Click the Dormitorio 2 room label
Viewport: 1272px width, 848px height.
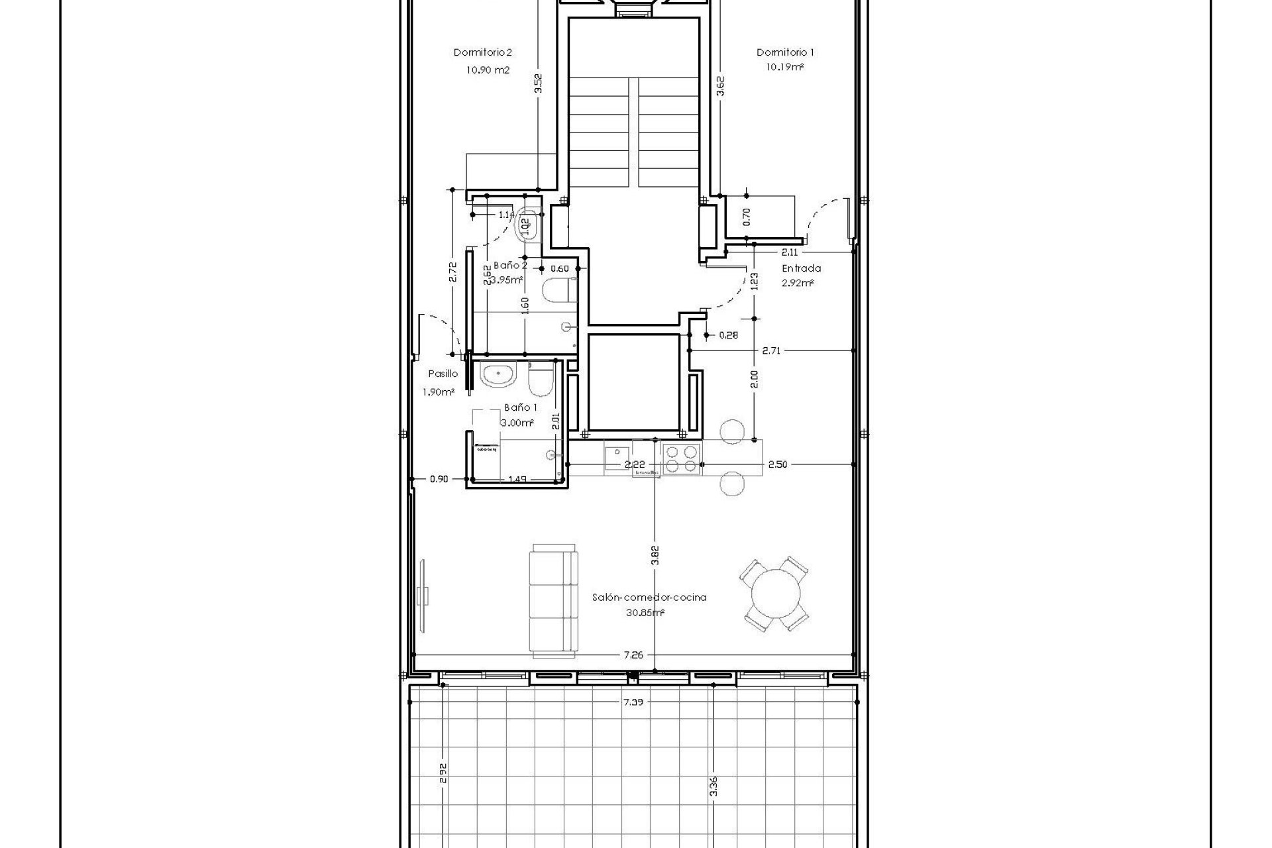[x=482, y=52]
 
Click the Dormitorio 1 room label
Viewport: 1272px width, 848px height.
[x=785, y=52]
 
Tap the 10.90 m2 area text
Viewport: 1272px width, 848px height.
[x=488, y=70]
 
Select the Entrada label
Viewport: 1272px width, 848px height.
[x=801, y=268]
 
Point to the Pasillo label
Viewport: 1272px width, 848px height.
[x=443, y=374]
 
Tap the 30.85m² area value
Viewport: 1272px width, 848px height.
[x=645, y=613]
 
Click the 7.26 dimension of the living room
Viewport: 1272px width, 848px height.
[x=633, y=674]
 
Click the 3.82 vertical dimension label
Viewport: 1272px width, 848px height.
[x=655, y=555]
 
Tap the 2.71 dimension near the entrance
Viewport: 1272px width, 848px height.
[x=771, y=350]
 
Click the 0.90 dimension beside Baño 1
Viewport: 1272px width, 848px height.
[x=439, y=479]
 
